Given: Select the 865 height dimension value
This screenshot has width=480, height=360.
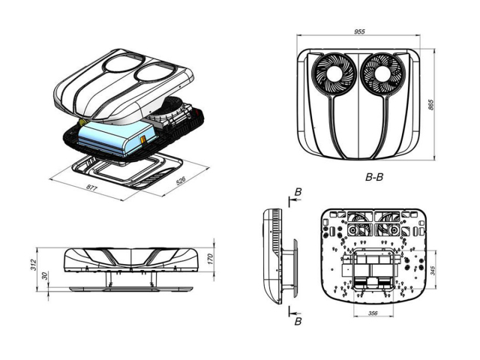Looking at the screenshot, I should click(431, 105).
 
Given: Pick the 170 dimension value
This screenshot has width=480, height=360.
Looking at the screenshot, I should click(211, 259).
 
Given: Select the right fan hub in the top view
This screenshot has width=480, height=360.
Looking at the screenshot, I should click(380, 77).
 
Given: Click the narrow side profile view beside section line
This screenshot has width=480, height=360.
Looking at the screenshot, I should click(273, 255).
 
